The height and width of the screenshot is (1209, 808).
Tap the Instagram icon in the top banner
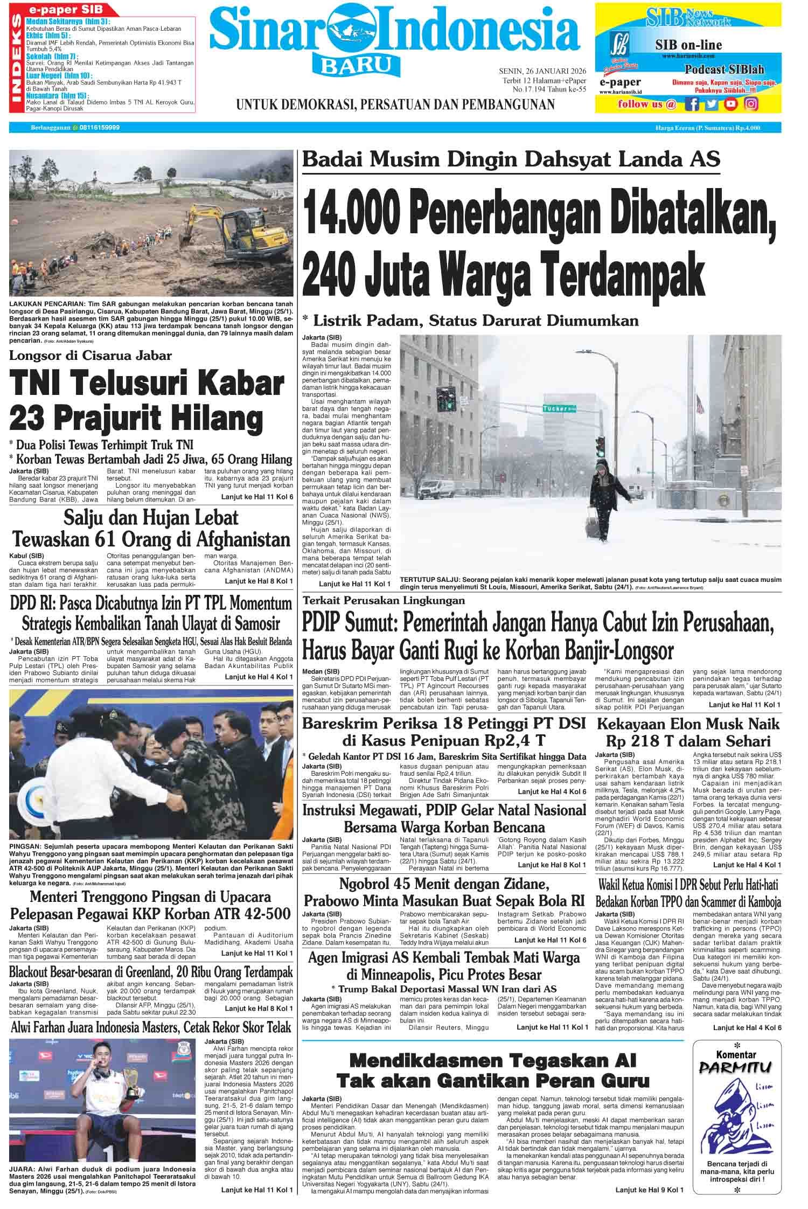[x=751, y=103]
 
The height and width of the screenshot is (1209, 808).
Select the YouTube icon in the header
[x=731, y=103]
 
